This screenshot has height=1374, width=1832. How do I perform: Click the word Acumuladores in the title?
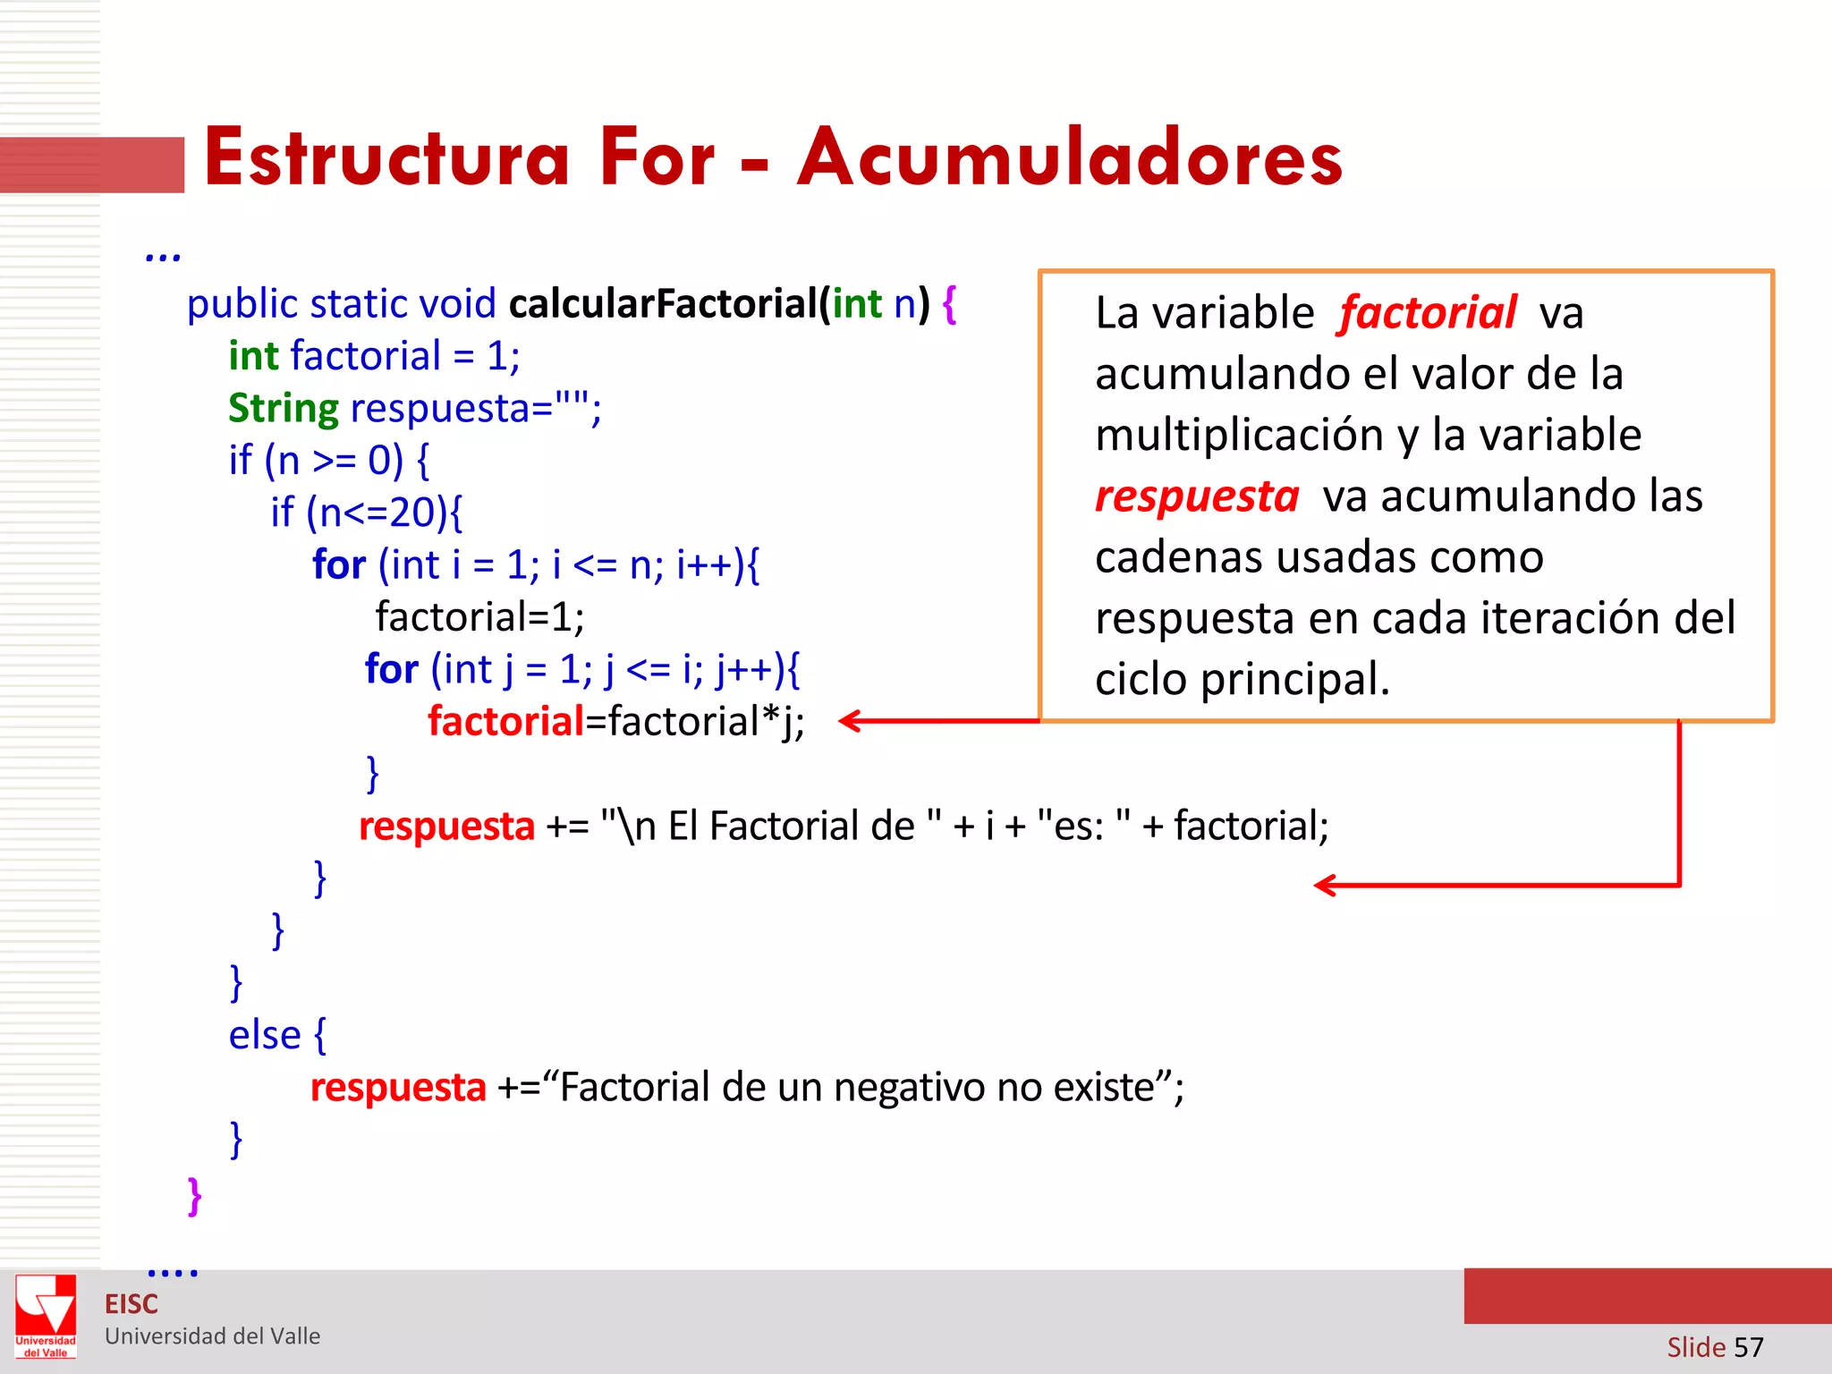(x=1069, y=158)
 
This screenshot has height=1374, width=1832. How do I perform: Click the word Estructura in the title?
(x=386, y=158)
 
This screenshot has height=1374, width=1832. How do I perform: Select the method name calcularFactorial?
(x=663, y=304)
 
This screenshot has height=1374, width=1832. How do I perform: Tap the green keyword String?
(x=283, y=409)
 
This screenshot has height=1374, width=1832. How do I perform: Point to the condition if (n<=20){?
(x=367, y=513)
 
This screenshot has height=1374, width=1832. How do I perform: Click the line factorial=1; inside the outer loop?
(x=479, y=617)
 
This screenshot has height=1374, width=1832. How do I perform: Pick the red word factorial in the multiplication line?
(x=505, y=722)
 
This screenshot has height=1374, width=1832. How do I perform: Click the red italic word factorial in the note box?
(x=1428, y=313)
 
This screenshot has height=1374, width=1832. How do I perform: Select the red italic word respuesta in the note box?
(x=1197, y=496)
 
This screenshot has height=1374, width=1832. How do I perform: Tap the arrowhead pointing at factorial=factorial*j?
(x=850, y=721)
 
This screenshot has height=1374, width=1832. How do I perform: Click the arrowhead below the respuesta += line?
(x=1325, y=886)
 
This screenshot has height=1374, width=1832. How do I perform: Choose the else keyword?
(x=265, y=1036)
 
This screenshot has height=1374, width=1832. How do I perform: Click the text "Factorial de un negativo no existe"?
(x=859, y=1088)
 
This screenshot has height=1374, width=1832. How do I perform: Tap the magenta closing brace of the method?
(x=194, y=1196)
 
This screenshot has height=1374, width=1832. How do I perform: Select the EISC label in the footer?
(x=131, y=1304)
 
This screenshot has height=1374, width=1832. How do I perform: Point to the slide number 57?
(x=1748, y=1347)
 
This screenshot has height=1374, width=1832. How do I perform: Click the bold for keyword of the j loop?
(x=391, y=669)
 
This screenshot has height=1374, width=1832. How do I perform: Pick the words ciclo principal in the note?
(x=1242, y=680)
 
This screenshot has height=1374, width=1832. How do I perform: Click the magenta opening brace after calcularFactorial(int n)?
(x=949, y=304)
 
